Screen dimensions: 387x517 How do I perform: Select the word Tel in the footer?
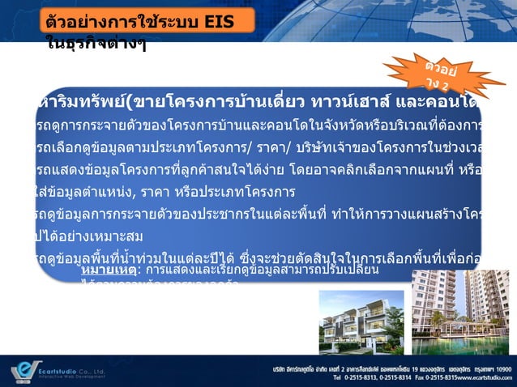click(x=280, y=378)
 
